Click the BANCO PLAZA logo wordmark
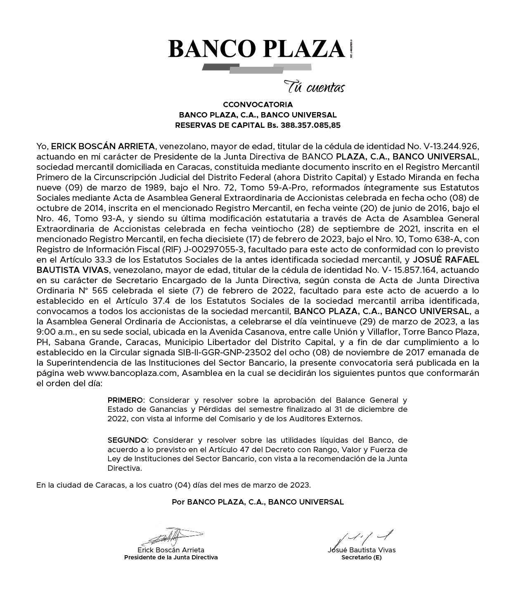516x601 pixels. tap(256, 49)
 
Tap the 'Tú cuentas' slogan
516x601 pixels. tap(314, 87)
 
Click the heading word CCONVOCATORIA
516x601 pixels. tap(258, 105)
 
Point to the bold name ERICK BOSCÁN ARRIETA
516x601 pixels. tap(103, 146)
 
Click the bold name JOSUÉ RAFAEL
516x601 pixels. tap(446, 260)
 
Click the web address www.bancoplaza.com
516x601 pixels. tap(132, 373)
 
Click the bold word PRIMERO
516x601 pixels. tap(125, 400)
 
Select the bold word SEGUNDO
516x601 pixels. tap(127, 440)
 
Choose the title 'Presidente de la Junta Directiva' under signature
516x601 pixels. tap(171, 557)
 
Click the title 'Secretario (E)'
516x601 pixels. tap(362, 557)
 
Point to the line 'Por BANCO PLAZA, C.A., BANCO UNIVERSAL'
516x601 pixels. tap(258, 502)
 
